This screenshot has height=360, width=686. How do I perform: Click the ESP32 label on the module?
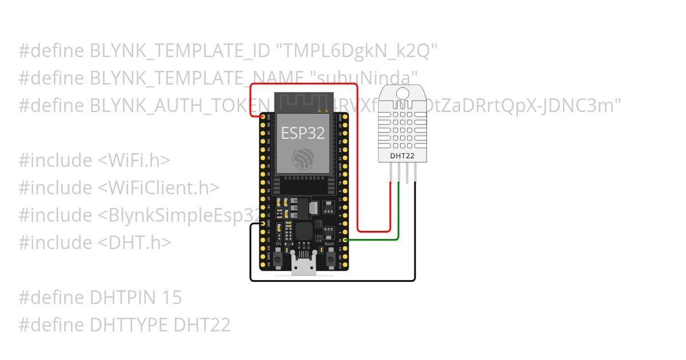(303, 133)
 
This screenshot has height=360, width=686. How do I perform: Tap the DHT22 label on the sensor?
(402, 155)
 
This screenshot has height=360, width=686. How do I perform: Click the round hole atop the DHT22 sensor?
(402, 93)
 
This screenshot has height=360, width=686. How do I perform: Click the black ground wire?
(332, 281)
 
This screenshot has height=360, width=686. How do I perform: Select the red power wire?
(303, 84)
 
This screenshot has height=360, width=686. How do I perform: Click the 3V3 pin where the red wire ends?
(263, 117)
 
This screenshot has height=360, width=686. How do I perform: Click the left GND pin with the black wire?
(263, 225)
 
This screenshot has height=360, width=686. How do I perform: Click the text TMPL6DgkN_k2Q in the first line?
(357, 51)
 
